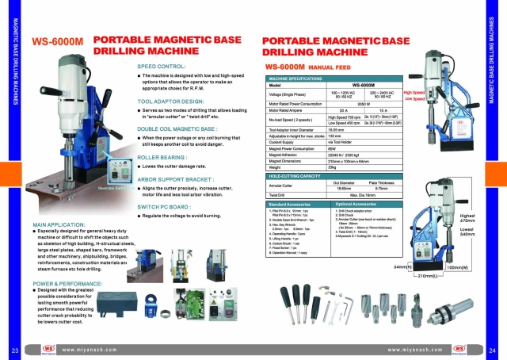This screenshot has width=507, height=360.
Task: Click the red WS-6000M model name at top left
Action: coord(58,43)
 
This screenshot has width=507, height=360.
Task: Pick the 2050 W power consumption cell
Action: coord(364,103)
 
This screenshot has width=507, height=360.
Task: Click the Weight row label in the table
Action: coord(276,167)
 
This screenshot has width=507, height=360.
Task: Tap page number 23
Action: coord(14,350)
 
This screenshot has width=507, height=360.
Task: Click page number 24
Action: coord(492,350)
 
